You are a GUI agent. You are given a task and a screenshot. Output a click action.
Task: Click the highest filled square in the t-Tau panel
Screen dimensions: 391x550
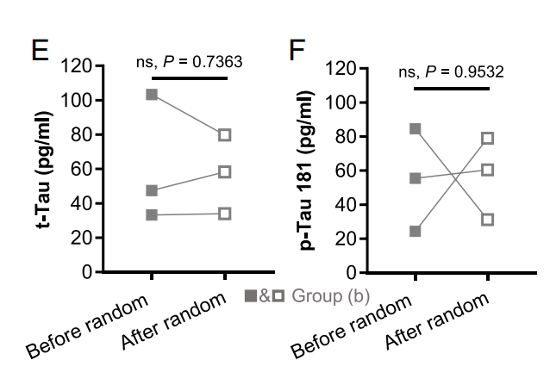(x=152, y=94)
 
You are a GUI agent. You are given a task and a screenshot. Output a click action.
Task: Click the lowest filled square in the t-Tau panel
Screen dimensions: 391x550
(x=152, y=214)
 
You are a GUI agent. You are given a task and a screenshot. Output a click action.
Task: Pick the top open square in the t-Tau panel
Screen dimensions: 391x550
(x=224, y=134)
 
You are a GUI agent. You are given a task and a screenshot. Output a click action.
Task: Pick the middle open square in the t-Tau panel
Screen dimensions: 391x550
(x=224, y=172)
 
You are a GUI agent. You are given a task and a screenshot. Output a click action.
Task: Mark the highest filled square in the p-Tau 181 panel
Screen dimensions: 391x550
(x=415, y=128)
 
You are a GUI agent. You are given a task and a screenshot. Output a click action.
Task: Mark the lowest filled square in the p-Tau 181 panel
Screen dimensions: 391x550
(x=415, y=231)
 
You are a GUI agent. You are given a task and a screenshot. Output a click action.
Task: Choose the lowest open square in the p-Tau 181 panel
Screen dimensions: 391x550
(x=488, y=220)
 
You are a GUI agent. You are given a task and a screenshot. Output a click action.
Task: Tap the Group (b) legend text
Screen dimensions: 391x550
(x=331, y=296)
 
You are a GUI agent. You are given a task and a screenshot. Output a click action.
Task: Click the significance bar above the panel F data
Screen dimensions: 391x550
(x=451, y=88)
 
